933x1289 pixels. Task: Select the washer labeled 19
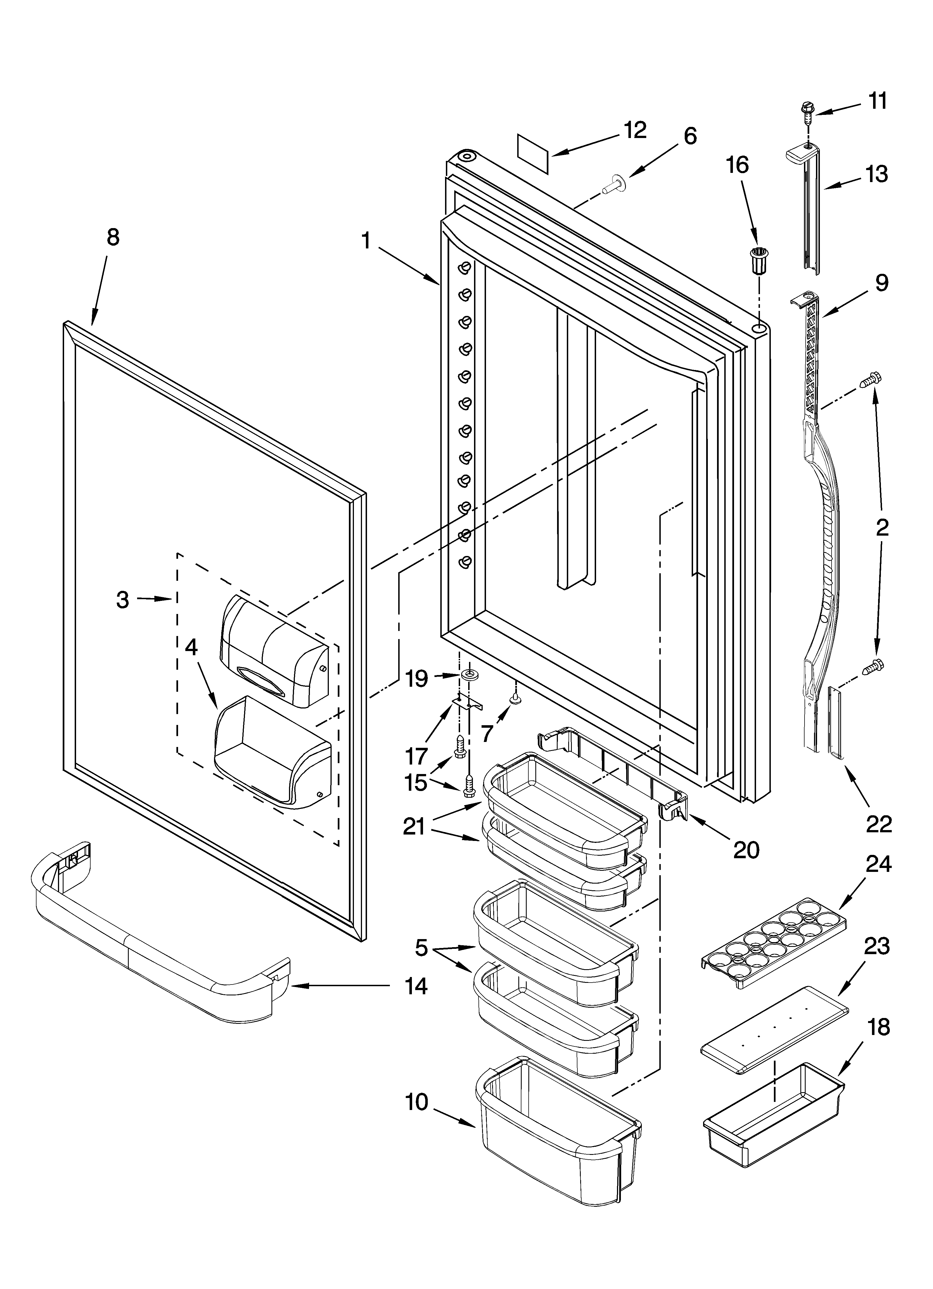tap(469, 675)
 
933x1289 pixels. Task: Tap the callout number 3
tap(123, 599)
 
